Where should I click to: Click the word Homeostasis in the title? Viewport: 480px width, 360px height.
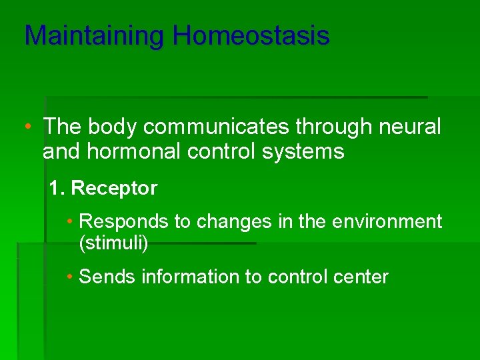pos(251,35)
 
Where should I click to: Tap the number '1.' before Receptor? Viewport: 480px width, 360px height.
pos(57,189)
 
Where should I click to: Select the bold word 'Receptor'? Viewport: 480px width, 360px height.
pos(114,189)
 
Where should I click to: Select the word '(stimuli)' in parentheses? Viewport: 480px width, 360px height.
pos(113,243)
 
